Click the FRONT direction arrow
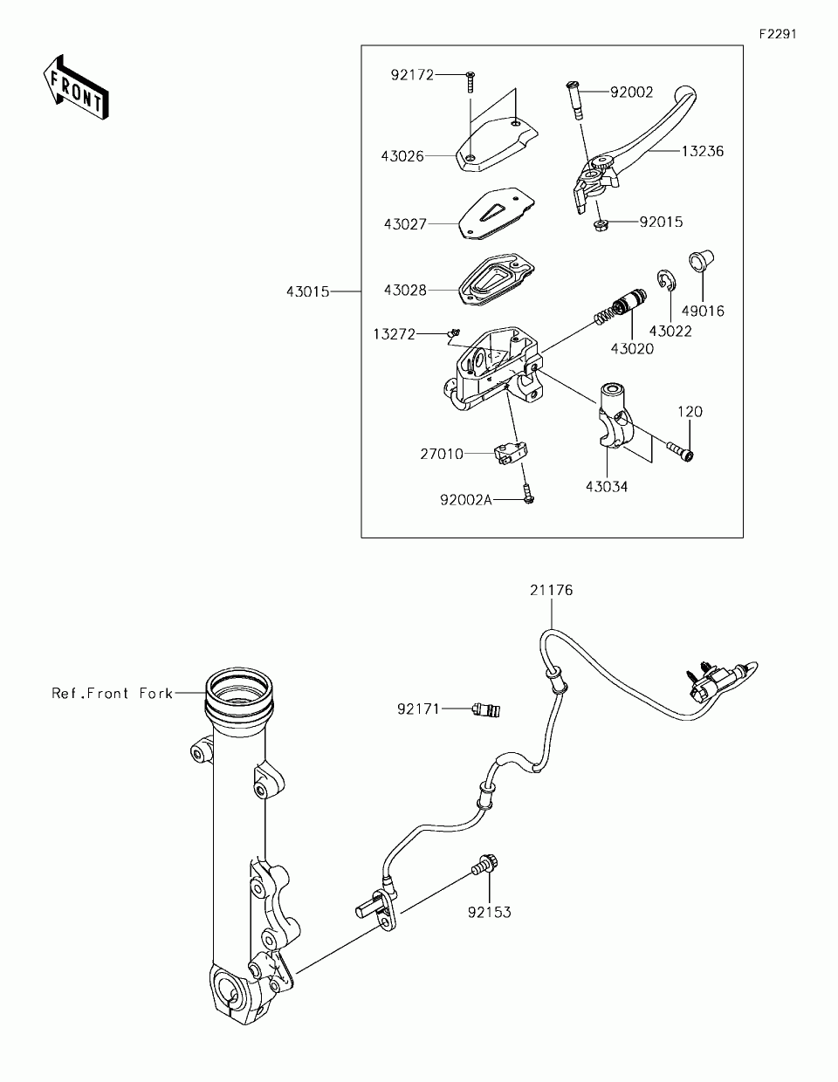[x=77, y=86]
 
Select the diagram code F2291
[x=777, y=34]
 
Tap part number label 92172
[x=412, y=75]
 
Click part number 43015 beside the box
[x=307, y=291]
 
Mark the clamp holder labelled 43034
[x=615, y=418]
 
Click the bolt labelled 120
[x=680, y=450]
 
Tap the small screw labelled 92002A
[x=528, y=494]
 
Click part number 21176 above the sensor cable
[x=551, y=590]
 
